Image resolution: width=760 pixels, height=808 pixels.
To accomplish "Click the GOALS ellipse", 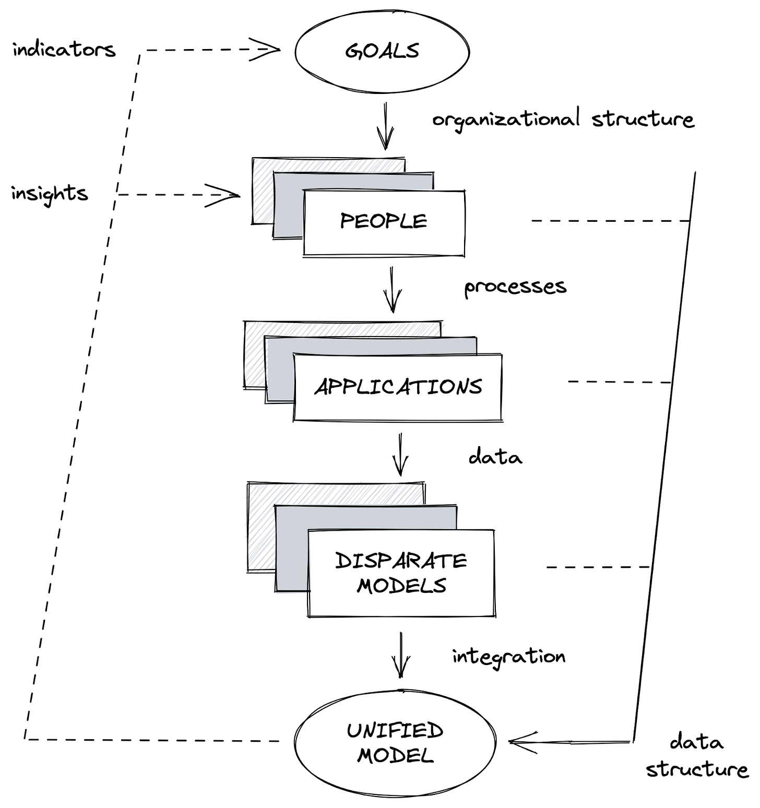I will (x=382, y=51).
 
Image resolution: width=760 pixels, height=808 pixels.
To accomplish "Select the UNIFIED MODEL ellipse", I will (x=395, y=742).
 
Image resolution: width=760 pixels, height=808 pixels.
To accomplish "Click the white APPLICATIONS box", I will (x=398, y=387).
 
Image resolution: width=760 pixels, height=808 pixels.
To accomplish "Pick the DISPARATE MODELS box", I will (x=401, y=573).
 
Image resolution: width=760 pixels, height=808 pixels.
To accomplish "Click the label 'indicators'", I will (x=64, y=50).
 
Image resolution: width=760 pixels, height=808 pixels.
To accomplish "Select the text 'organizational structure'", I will (x=563, y=119).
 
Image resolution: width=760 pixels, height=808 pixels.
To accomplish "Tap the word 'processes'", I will (x=515, y=287).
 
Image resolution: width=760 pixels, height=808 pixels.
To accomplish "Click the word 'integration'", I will (x=508, y=657).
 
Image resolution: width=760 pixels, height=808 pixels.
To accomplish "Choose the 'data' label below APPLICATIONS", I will (x=495, y=457).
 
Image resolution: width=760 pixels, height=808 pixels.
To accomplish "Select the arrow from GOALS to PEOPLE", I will (x=386, y=126).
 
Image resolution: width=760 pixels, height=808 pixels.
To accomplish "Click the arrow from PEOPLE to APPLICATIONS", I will (x=393, y=290).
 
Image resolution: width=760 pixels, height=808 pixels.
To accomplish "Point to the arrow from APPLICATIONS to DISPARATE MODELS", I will (x=400, y=454).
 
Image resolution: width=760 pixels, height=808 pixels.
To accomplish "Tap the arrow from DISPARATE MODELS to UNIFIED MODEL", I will (x=401, y=655).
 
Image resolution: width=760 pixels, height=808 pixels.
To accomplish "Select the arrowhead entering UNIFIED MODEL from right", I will (x=522, y=742).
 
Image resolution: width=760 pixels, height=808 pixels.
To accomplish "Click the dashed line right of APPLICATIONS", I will (x=619, y=382).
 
